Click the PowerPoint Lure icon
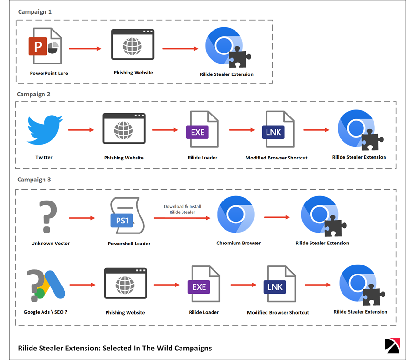pyautogui.click(x=45, y=47)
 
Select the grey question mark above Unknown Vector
pyautogui.click(x=46, y=217)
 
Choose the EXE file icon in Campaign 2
pyautogui.click(x=203, y=130)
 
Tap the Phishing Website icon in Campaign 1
pyautogui.click(x=133, y=45)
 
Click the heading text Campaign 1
pyautogui.click(x=35, y=11)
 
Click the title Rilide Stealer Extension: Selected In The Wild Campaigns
pyautogui.click(x=115, y=348)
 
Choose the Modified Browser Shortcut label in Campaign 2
pyautogui.click(x=277, y=158)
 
